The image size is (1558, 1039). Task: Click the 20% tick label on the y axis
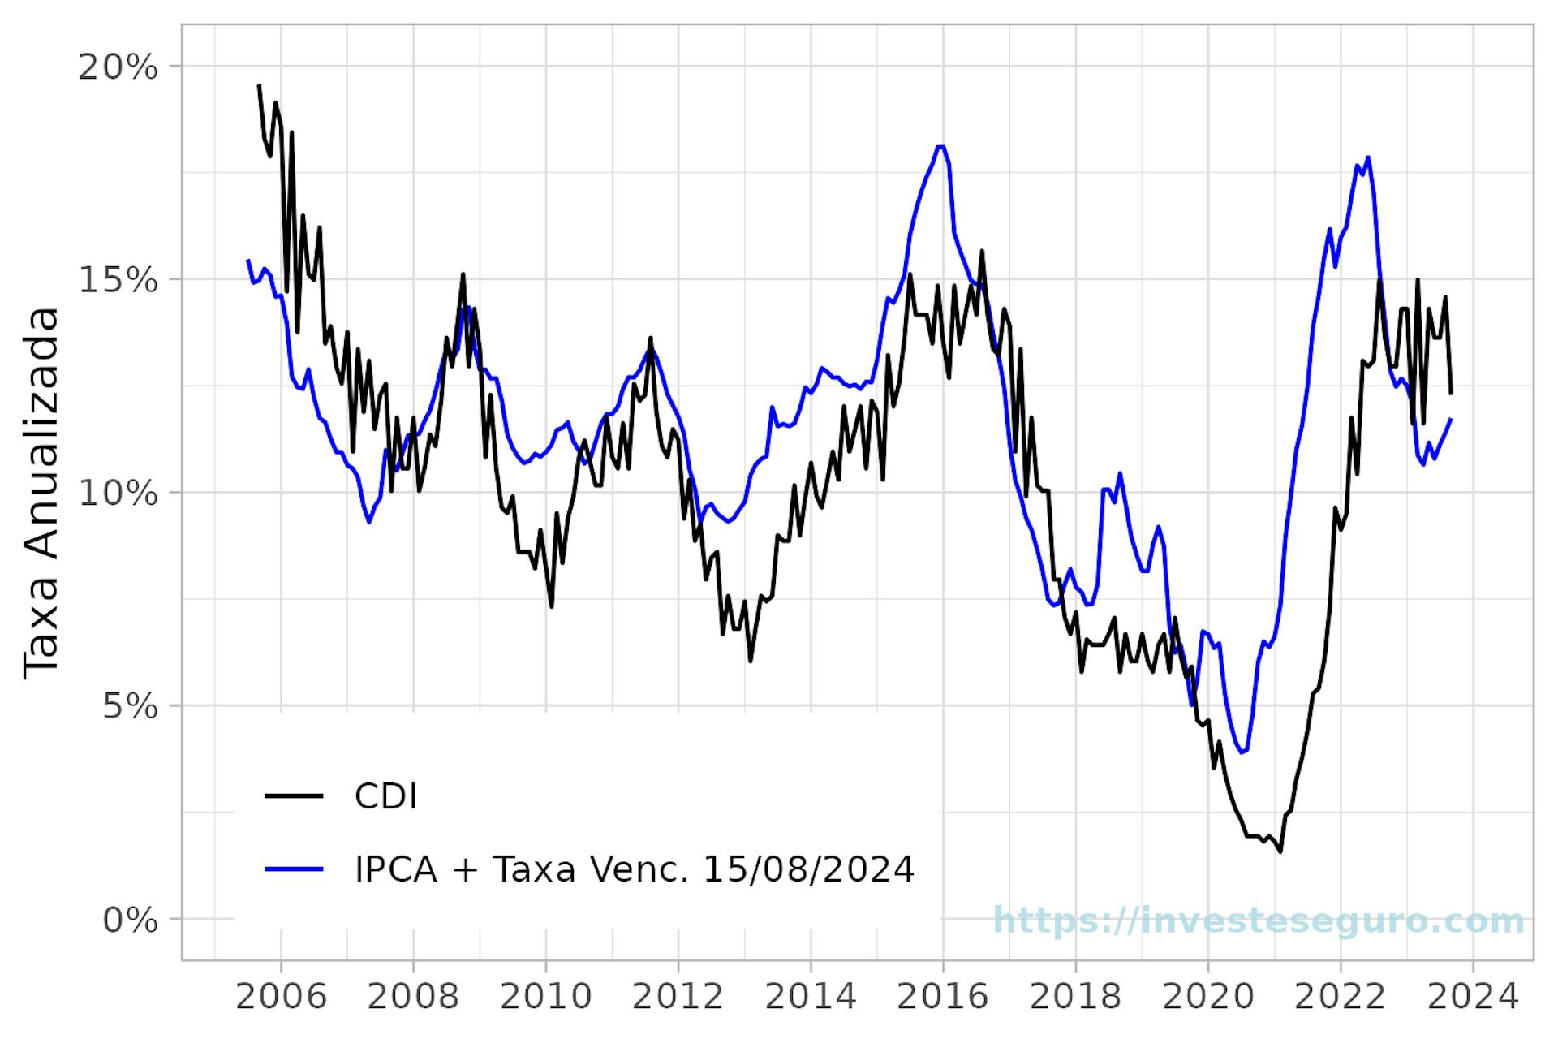117,67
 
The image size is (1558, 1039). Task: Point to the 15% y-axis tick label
117,281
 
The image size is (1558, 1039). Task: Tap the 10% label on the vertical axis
117,494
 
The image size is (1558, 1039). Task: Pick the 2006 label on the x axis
281,996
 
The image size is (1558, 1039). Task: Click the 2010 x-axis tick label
545,996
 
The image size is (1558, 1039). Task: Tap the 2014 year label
811,996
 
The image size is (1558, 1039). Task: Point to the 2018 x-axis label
1075,996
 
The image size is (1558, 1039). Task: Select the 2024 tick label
1473,996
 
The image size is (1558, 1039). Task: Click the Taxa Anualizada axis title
41,492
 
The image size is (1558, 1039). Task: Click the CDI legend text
385,797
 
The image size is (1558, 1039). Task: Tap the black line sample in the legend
294,796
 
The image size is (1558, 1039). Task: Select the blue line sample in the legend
294,869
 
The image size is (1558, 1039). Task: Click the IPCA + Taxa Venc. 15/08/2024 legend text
634,869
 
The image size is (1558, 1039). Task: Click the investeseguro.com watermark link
1259,921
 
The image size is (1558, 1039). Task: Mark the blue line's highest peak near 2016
940,147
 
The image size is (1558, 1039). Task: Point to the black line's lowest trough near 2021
1280,851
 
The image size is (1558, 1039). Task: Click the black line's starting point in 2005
259,85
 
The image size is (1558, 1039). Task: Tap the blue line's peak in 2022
1368,157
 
